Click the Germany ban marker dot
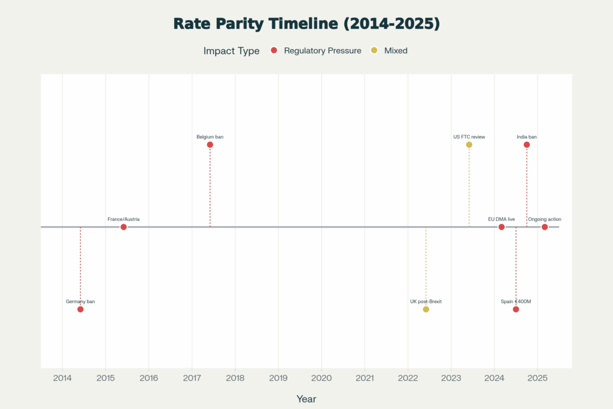(80, 309)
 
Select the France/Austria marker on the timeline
(123, 227)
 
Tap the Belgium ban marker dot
(210, 144)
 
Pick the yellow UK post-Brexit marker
(426, 309)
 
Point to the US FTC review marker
(469, 144)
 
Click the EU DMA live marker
(502, 227)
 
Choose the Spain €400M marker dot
(515, 309)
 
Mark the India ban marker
(527, 144)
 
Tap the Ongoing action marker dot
(545, 227)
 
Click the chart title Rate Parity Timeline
(306, 24)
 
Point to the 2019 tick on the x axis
(278, 378)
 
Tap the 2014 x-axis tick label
(62, 378)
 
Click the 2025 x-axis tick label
(538, 378)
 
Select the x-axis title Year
(306, 399)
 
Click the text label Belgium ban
(210, 137)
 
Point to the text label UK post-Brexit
(426, 301)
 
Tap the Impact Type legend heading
(232, 51)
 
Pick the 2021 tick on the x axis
(365, 378)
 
